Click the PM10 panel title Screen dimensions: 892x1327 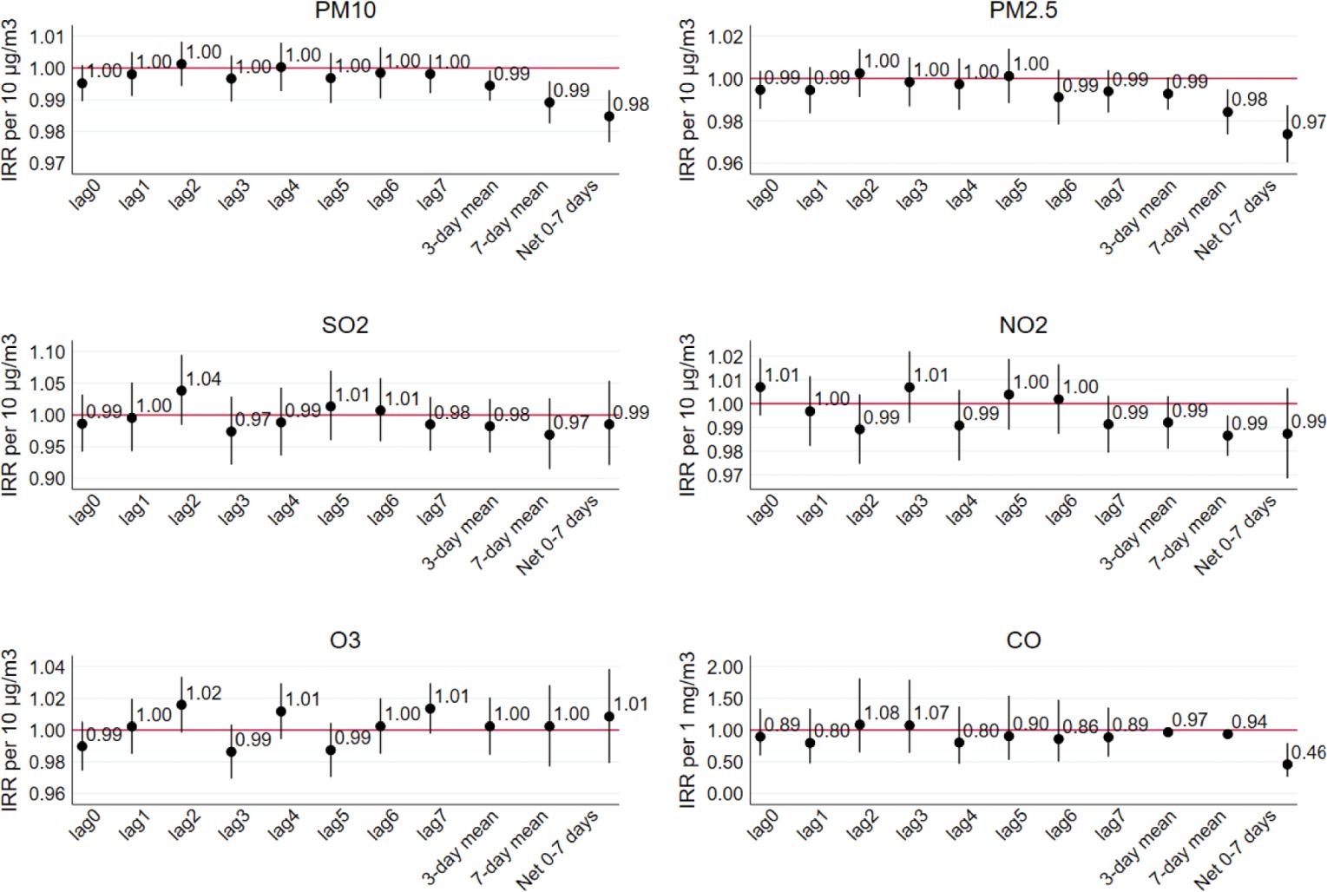345,10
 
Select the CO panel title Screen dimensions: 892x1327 1022,640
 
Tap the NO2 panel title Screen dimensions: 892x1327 1022,325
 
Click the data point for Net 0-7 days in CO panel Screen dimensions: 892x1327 1287,764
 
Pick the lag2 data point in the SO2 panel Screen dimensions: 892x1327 181,390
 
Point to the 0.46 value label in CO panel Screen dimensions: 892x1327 1309,752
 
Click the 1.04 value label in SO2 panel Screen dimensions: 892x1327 204,379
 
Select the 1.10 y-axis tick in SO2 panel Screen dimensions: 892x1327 48,352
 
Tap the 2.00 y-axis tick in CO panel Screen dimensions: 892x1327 726,667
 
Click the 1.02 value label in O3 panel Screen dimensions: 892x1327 204,693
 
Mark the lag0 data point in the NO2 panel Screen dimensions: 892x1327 760,387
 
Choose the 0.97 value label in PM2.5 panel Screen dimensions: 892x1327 1309,122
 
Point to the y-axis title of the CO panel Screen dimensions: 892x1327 687,731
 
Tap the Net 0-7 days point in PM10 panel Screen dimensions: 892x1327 609,116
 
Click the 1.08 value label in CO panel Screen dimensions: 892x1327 882,713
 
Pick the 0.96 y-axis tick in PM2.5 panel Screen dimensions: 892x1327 726,164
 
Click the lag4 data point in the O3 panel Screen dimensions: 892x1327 281,712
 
